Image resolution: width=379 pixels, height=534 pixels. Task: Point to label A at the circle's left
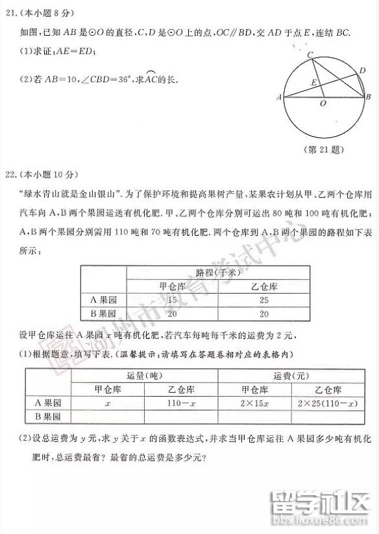pos(278,98)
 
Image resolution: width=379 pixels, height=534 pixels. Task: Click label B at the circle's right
pos(369,97)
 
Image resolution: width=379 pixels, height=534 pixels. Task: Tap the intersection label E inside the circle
pos(314,83)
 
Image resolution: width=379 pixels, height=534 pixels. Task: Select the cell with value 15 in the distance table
pos(173,300)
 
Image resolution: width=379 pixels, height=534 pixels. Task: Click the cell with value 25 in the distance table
pos(263,300)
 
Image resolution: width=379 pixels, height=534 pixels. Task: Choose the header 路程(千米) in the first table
pos(218,272)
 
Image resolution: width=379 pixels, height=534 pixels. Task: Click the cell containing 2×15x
pos(254,403)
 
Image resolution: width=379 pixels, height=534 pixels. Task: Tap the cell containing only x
pos(107,403)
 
